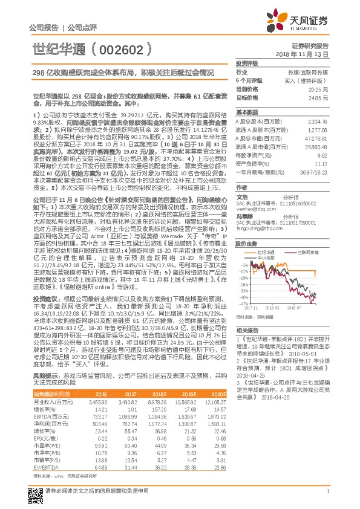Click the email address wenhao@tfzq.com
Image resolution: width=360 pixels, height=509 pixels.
click(252, 209)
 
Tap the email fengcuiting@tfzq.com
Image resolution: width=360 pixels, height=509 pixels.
click(257, 230)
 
